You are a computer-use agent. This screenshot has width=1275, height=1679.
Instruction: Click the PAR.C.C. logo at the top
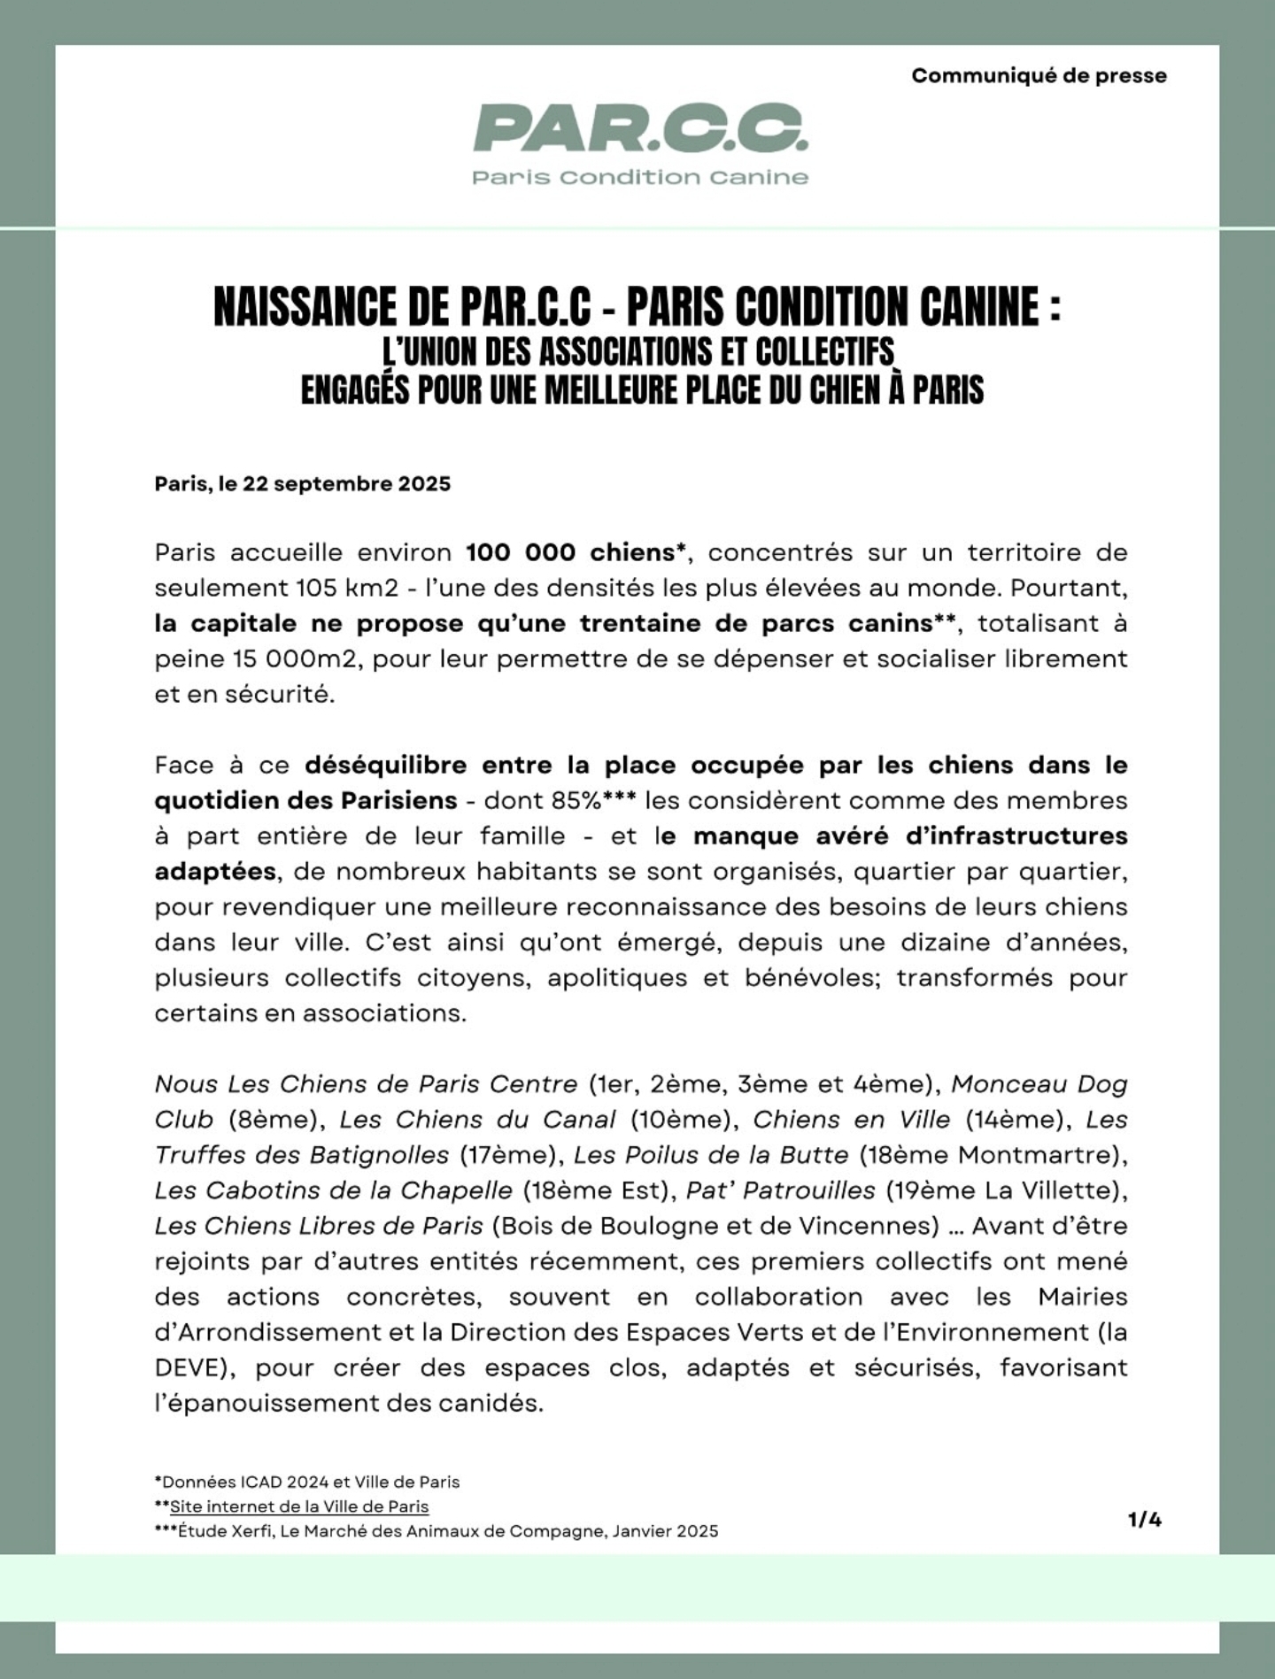640,128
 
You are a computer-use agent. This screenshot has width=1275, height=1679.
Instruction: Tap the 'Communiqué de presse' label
1039,76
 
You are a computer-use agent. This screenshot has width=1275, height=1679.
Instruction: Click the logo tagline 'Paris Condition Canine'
640,177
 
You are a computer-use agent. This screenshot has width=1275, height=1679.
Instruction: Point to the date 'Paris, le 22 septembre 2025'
303,484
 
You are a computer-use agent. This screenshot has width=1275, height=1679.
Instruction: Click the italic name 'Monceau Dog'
1039,1084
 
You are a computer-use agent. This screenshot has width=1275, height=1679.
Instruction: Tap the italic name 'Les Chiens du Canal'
477,1120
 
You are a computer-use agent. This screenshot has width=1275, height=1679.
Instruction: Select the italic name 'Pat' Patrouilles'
780,1190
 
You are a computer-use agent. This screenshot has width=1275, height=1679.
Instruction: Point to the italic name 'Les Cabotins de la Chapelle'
334,1190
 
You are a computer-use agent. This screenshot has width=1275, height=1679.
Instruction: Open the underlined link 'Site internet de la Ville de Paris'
299,1506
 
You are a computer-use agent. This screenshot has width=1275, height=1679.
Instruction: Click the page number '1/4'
1145,1520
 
